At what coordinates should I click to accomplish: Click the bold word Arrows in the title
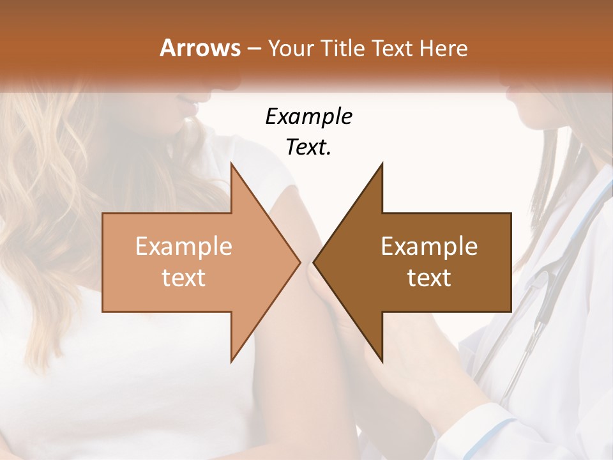point(200,48)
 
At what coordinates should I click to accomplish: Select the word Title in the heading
point(343,48)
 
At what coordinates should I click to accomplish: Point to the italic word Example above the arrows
point(308,118)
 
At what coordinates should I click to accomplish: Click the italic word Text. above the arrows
point(308,148)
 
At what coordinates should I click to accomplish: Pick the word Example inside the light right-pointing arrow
point(183,247)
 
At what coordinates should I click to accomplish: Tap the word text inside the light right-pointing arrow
point(183,277)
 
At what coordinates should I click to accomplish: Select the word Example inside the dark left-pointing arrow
point(429,247)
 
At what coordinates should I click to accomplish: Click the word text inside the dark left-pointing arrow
point(429,277)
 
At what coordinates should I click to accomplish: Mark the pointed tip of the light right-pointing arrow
point(300,262)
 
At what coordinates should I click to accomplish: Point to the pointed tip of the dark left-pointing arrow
point(314,262)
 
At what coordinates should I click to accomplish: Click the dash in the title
point(254,48)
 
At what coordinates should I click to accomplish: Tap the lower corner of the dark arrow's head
point(382,362)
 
